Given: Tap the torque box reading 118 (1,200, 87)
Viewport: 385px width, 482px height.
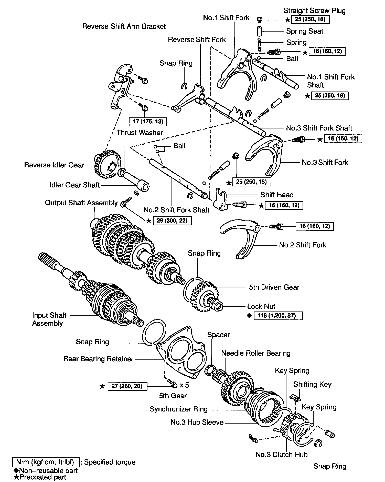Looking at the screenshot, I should (x=278, y=316).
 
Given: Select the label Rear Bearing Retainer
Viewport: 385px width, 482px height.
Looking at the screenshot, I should (x=98, y=359).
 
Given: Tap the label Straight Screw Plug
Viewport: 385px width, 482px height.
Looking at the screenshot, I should (x=315, y=11).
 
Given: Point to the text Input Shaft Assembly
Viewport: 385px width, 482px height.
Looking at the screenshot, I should (x=49, y=319).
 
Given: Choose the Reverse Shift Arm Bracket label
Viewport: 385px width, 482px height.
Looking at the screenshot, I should (x=124, y=26).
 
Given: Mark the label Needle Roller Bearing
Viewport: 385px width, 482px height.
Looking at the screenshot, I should (x=256, y=353).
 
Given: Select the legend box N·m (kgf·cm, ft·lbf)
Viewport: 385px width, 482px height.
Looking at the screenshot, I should (x=45, y=462).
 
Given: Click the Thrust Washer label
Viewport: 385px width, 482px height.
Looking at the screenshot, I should (x=140, y=133).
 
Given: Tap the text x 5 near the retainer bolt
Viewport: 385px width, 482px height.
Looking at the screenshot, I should (x=184, y=385).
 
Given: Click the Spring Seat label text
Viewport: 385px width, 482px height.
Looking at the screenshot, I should (x=304, y=31).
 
